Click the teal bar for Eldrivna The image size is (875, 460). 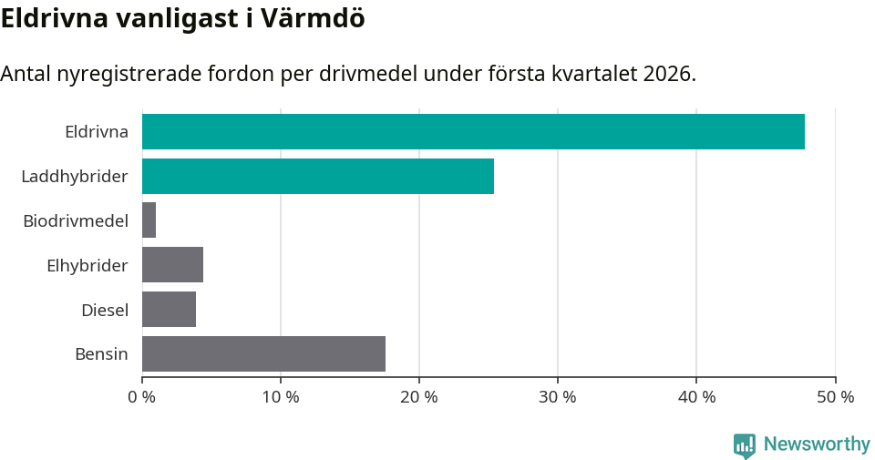[x=473, y=131]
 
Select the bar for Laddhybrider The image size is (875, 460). [x=318, y=176]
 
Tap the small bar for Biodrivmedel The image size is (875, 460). [x=149, y=220]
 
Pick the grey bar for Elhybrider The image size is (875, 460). [x=173, y=265]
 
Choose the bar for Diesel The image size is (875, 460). [x=170, y=309]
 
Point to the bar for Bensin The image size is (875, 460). [x=264, y=353]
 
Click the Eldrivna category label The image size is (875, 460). [x=97, y=131]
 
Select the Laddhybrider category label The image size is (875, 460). [x=75, y=176]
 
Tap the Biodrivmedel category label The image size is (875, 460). [x=76, y=220]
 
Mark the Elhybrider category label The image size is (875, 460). [x=87, y=265]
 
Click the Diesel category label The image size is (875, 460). [x=105, y=310]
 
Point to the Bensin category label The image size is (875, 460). [x=101, y=353]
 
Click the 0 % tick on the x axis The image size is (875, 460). [x=142, y=397]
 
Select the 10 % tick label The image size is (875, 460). [x=281, y=397]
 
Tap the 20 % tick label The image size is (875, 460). [x=419, y=397]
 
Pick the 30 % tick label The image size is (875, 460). [x=558, y=397]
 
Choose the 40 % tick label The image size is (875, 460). [x=696, y=397]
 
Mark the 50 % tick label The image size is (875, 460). [x=835, y=397]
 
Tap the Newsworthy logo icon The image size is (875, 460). [x=745, y=445]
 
